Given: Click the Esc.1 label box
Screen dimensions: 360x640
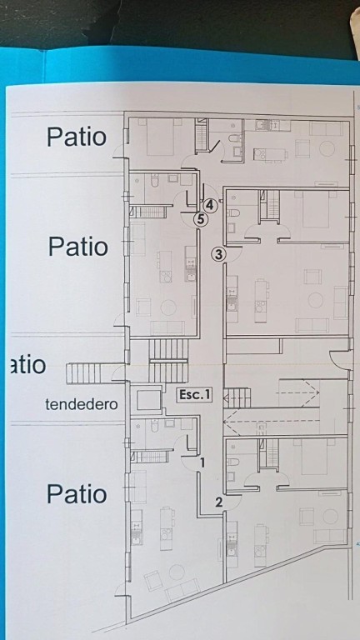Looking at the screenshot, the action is click(194, 396).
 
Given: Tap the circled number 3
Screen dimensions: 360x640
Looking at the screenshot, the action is click(218, 254).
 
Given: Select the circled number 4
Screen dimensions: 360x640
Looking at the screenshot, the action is click(209, 205).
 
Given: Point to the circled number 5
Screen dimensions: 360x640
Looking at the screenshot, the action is click(200, 220).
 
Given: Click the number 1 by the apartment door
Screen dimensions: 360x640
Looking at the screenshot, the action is click(202, 462).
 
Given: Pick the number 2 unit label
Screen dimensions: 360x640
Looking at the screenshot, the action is click(219, 502).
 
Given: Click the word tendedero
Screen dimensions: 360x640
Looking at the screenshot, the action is click(82, 404).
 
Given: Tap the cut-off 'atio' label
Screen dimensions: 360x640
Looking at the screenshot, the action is click(27, 365).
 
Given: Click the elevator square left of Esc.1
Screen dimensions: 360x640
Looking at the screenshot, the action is click(148, 400).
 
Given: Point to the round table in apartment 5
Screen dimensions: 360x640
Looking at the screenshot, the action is click(168, 307).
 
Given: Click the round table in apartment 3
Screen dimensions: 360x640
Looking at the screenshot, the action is click(316, 300).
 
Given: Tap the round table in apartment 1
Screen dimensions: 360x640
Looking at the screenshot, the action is click(177, 572).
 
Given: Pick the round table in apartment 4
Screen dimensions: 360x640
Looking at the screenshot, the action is click(327, 148).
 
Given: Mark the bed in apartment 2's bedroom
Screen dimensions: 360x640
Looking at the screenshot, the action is click(314, 457).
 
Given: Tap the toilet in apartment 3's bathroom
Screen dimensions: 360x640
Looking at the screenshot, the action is click(233, 212).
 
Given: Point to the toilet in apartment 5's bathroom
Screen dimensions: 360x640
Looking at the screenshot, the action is click(154, 181).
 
